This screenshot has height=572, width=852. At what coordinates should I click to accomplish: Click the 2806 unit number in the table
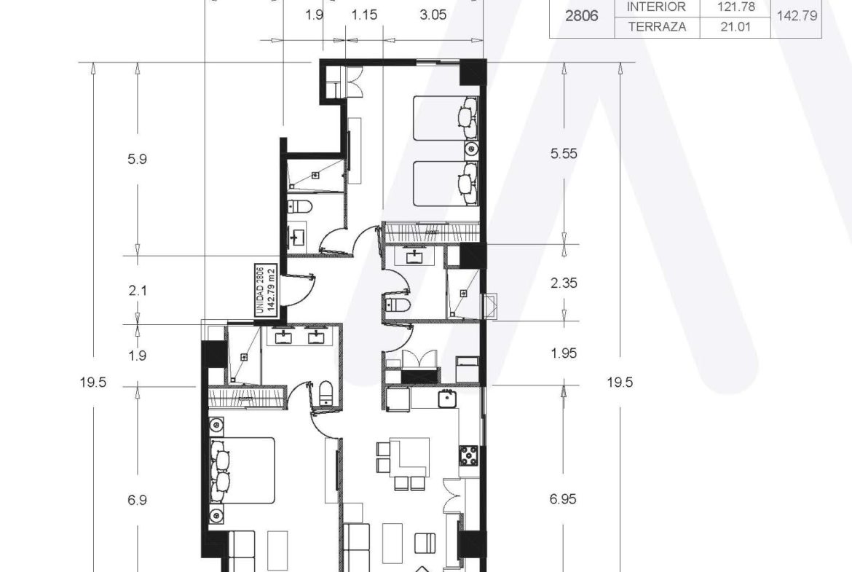(581, 16)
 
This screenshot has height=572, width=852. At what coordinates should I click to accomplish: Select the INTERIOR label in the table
(656, 7)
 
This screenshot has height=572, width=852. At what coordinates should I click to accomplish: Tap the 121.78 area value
(735, 7)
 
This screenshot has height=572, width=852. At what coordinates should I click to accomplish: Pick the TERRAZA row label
(657, 27)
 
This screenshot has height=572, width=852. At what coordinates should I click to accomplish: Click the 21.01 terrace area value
(735, 27)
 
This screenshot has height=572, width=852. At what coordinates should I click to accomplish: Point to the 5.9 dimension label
(137, 160)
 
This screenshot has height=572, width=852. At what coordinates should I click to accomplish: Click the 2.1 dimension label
(138, 291)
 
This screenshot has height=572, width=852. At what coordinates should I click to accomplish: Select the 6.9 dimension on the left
(137, 500)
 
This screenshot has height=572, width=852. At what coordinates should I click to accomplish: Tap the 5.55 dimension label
(564, 154)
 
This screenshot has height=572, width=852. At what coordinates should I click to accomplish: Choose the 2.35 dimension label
(564, 283)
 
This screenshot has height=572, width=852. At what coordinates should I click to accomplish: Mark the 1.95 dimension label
(564, 353)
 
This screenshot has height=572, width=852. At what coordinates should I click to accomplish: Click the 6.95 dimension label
(563, 499)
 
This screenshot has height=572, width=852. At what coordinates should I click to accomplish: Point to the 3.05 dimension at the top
(433, 15)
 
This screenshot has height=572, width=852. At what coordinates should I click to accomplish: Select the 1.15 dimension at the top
(364, 15)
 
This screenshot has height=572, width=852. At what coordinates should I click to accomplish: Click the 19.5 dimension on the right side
(620, 383)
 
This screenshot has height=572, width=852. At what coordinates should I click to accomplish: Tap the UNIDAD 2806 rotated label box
(267, 289)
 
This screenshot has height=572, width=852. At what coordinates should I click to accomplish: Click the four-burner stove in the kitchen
(469, 455)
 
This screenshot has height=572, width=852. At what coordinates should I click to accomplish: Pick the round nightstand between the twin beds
(471, 149)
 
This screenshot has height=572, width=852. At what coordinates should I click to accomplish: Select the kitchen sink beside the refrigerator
(447, 399)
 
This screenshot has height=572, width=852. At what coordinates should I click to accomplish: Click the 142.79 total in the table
(797, 16)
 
